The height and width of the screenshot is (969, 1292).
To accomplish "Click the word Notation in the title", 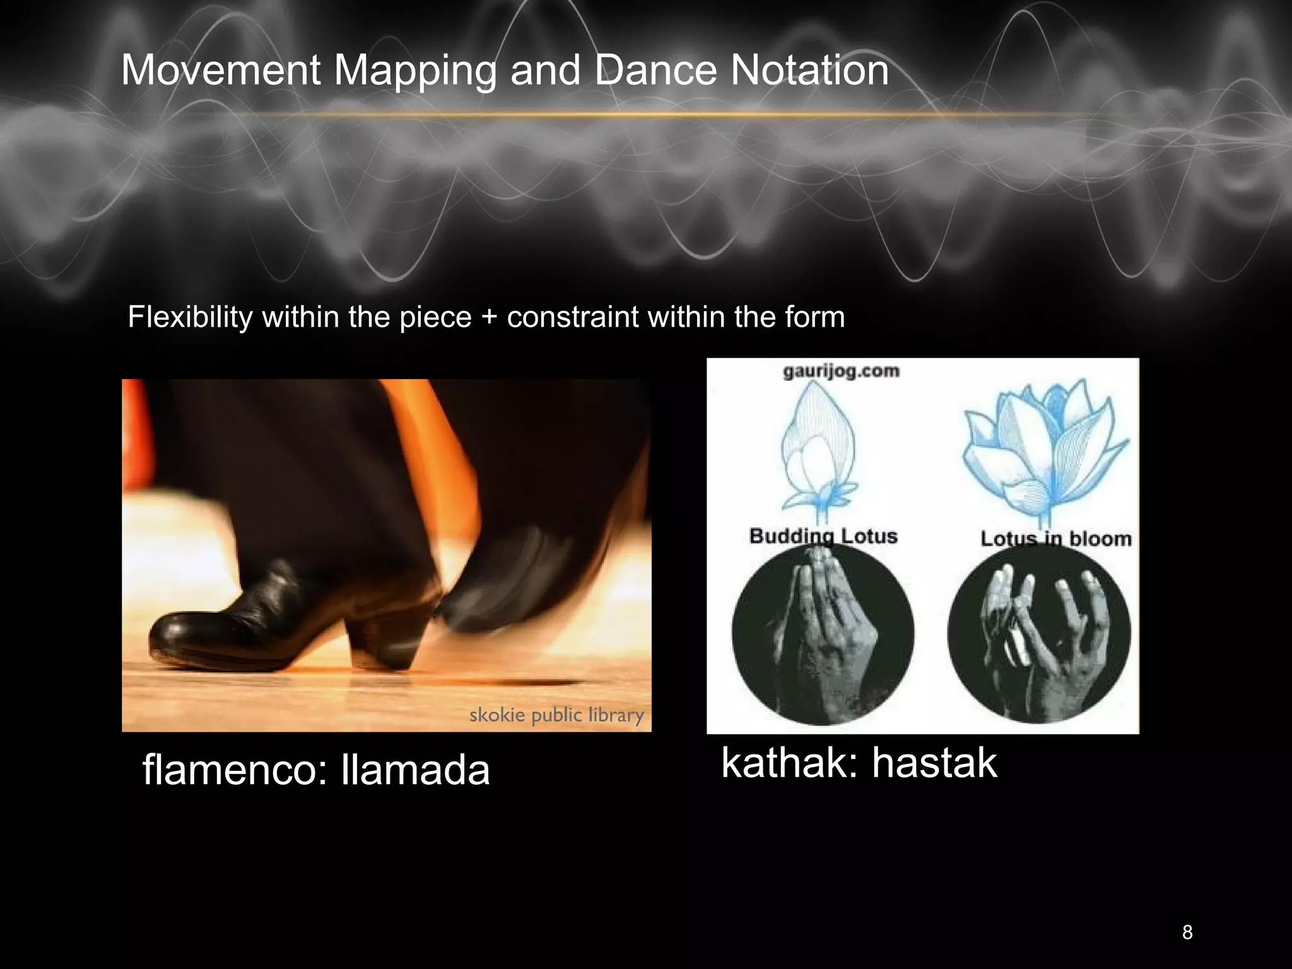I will click(809, 70).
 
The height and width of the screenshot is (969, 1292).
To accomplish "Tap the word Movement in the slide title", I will click(220, 70).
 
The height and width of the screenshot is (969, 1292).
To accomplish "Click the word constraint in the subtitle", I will click(573, 317).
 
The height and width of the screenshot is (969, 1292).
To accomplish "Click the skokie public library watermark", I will click(556, 715).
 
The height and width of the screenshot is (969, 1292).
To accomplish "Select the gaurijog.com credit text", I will click(841, 371).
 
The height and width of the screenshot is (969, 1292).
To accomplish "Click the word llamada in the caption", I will click(414, 770).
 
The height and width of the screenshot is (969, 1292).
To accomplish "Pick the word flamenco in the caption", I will click(235, 770).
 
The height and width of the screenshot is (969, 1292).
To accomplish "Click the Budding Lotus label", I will click(823, 536).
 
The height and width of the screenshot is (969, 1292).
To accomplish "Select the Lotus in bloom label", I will click(1055, 539).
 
